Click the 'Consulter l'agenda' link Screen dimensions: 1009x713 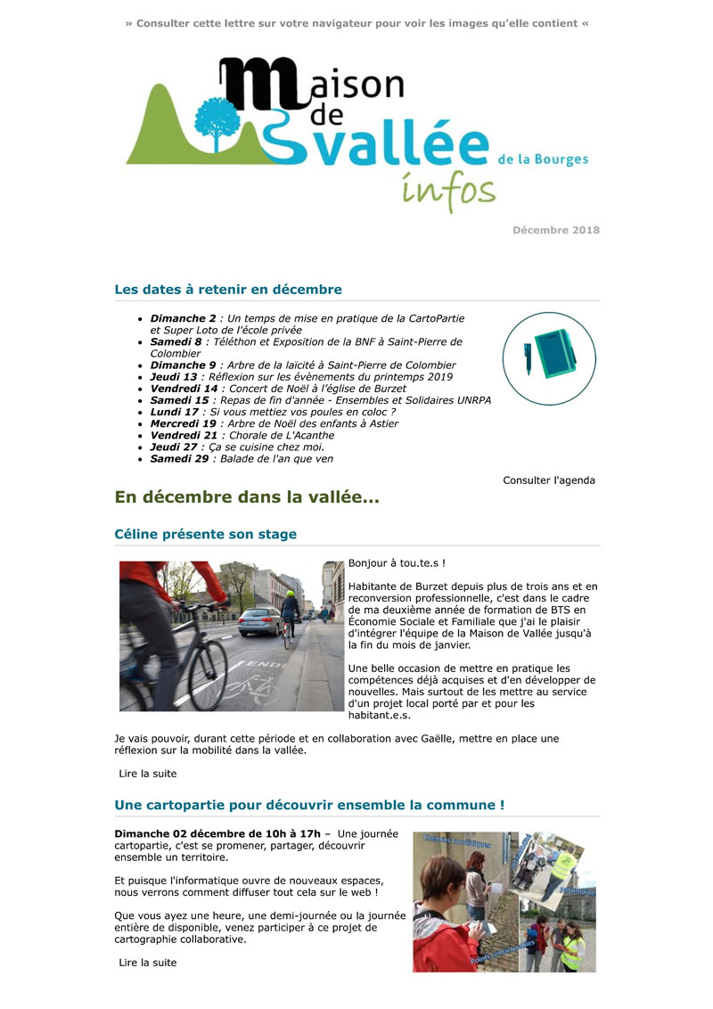click(x=548, y=480)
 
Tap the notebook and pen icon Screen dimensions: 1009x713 click(x=549, y=358)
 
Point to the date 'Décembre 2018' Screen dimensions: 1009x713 click(x=555, y=230)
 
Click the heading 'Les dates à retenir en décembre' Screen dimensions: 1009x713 click(x=228, y=290)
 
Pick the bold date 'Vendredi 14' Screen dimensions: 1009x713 click(x=184, y=389)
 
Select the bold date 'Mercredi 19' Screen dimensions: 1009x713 click(x=184, y=423)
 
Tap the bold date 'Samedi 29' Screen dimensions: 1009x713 click(x=178, y=458)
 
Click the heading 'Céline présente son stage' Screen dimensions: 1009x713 click(x=206, y=535)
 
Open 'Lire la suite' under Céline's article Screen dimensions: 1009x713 click(x=148, y=774)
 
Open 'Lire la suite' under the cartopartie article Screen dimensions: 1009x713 click(x=148, y=963)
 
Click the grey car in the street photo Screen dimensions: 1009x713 click(x=259, y=620)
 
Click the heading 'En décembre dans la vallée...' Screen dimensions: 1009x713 click(x=247, y=498)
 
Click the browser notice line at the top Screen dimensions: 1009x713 click(x=356, y=23)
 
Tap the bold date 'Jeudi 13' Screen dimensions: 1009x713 click(x=174, y=377)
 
